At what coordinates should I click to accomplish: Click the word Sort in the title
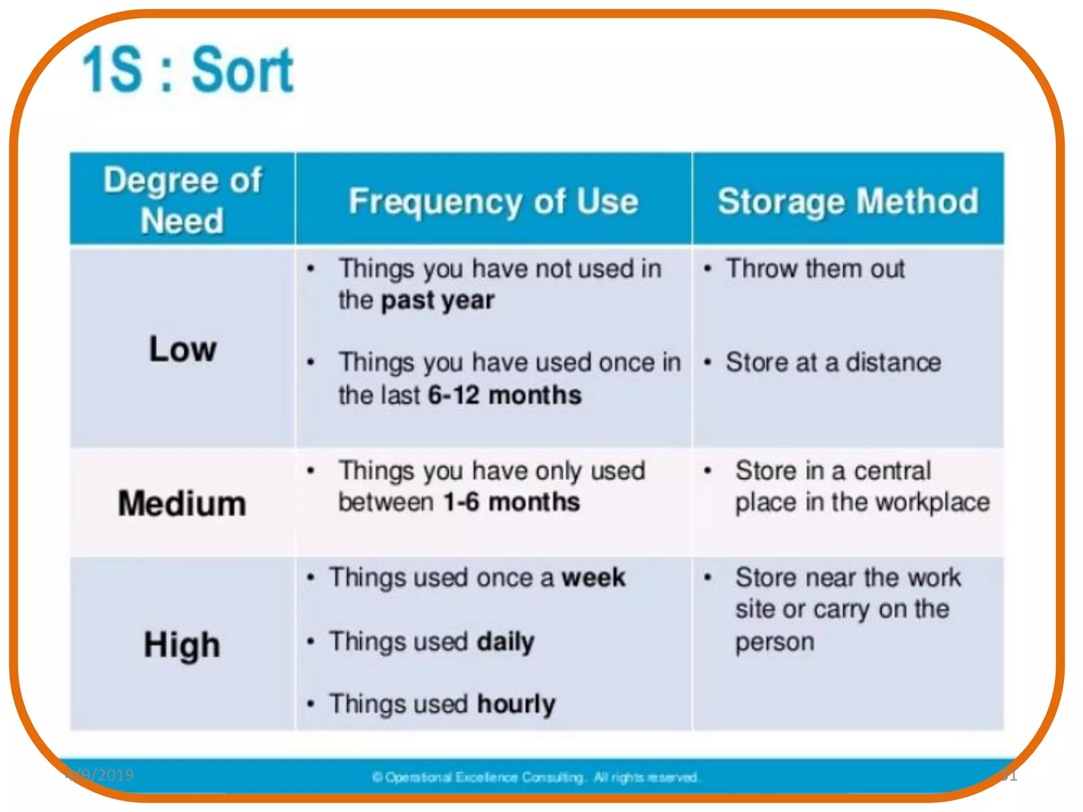(x=242, y=70)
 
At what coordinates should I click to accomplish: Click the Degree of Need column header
(x=182, y=199)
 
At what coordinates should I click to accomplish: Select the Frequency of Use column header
(x=493, y=201)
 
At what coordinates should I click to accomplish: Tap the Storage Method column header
(x=848, y=201)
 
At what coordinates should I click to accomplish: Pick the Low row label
(x=182, y=349)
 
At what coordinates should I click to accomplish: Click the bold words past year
(x=438, y=300)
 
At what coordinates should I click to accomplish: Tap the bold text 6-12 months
(x=504, y=395)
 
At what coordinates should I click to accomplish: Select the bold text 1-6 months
(x=511, y=502)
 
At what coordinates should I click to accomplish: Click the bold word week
(x=593, y=577)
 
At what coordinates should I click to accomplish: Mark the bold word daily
(x=506, y=642)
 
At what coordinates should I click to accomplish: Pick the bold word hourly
(x=516, y=704)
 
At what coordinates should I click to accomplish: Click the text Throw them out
(x=815, y=269)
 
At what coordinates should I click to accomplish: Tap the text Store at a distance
(x=833, y=363)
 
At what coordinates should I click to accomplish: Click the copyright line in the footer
(x=536, y=777)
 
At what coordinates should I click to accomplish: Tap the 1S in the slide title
(x=112, y=70)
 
